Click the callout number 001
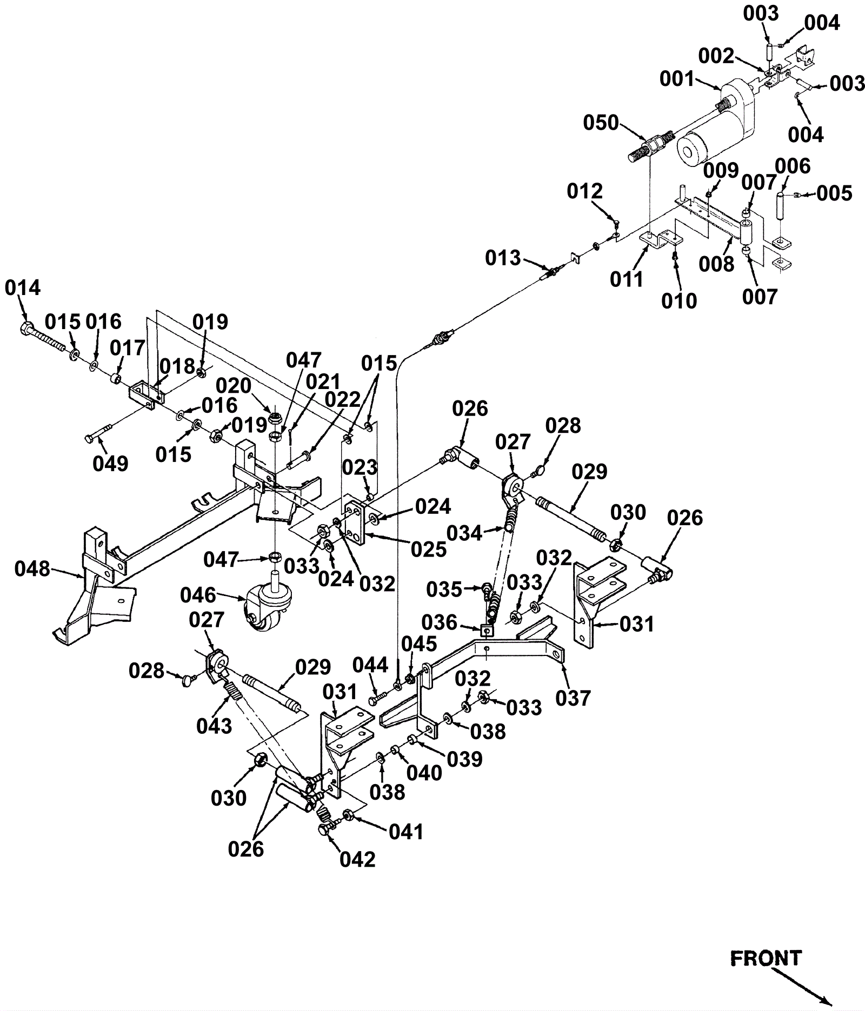(676, 79)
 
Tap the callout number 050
(601, 123)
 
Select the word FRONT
(766, 958)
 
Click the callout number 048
(32, 568)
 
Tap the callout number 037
(573, 698)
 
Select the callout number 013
(503, 258)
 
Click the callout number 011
(627, 279)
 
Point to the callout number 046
(198, 595)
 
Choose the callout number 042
(357, 859)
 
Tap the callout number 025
(429, 549)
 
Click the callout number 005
(834, 193)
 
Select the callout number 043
(215, 726)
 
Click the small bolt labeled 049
(97, 432)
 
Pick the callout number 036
(440, 622)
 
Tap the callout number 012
(584, 191)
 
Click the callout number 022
(342, 400)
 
